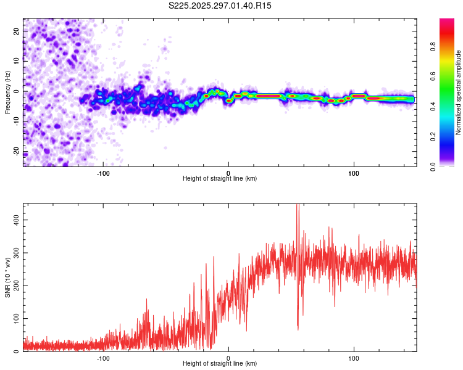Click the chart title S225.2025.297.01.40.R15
click(220, 6)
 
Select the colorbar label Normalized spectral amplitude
click(459, 92)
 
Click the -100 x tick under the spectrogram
click(103, 173)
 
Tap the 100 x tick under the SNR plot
click(354, 358)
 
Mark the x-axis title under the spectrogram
click(220, 179)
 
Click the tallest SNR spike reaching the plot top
click(298, 207)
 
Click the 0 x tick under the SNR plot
click(228, 358)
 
